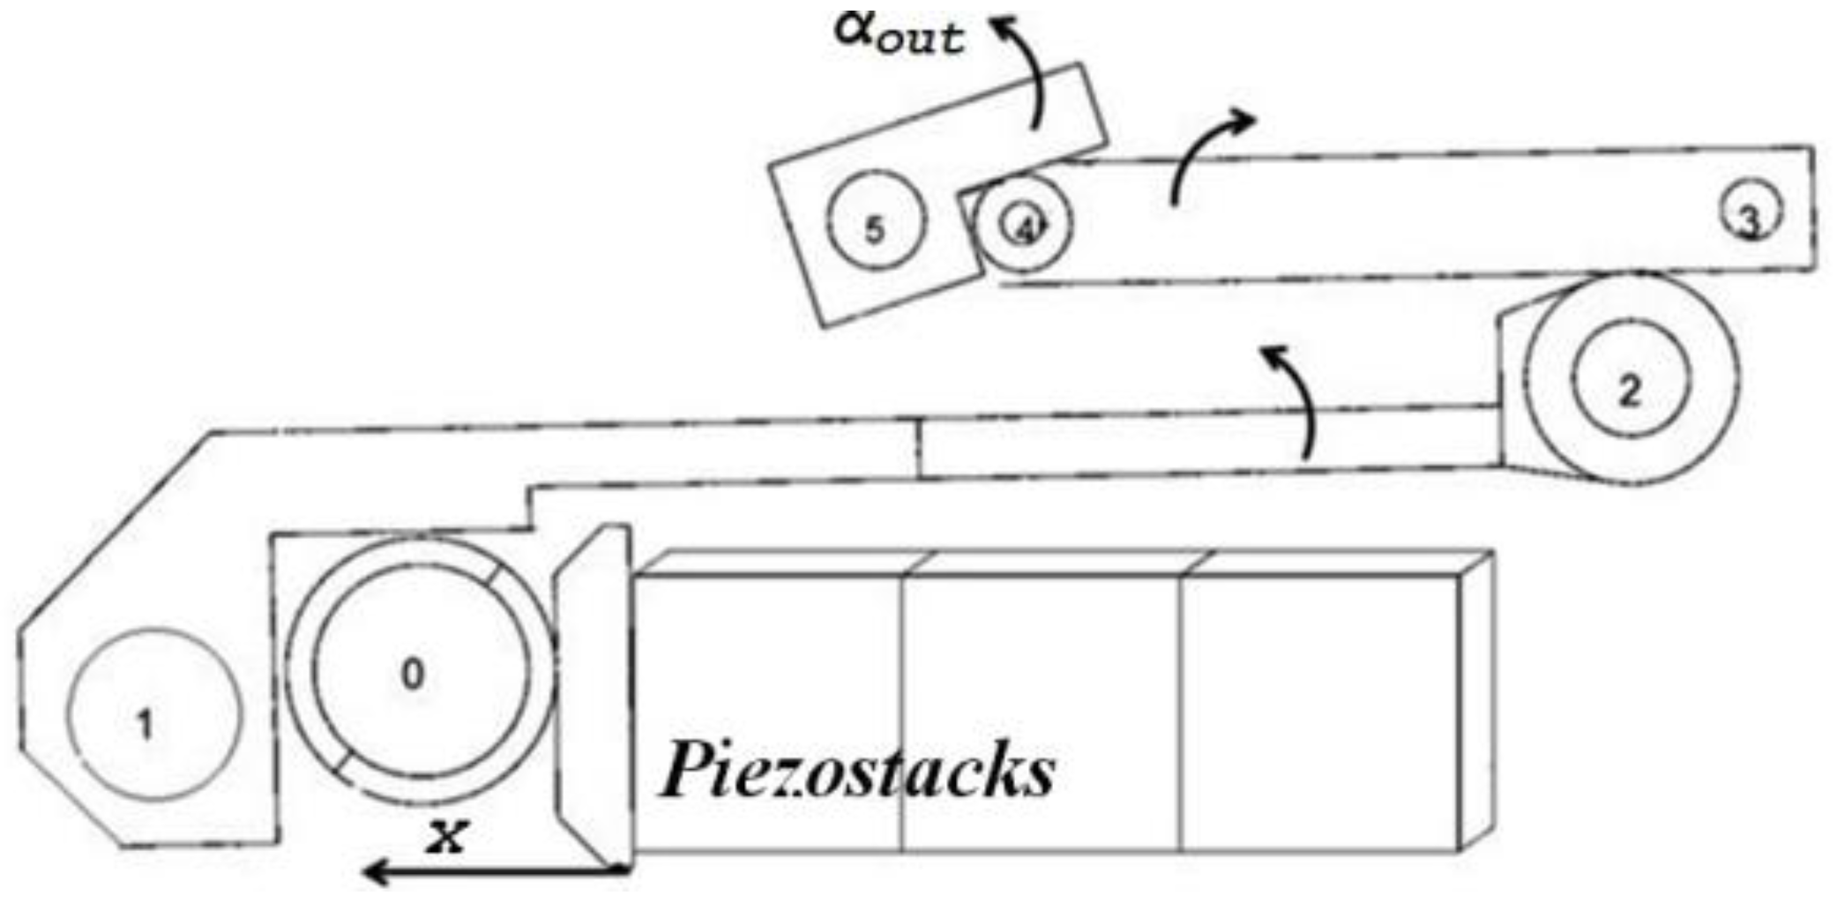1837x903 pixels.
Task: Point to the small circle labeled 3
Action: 1750,212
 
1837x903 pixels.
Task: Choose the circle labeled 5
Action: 876,220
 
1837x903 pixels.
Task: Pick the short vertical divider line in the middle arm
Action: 917,450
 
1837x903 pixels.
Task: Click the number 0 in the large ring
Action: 412,675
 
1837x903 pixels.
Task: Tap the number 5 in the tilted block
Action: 874,231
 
